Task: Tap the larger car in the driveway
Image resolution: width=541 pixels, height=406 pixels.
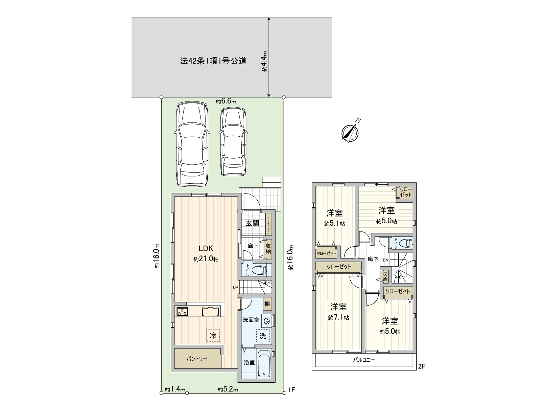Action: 192,144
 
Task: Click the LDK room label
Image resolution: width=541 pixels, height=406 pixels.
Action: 206,248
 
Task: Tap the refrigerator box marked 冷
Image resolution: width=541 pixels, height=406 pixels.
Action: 213,336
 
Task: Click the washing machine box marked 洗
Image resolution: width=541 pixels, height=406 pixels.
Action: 263,336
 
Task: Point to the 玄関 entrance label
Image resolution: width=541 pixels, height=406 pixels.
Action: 252,223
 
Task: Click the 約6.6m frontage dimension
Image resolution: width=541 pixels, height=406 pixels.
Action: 226,101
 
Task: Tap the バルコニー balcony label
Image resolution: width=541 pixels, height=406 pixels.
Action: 364,360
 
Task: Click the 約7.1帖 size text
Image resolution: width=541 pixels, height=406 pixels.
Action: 338,318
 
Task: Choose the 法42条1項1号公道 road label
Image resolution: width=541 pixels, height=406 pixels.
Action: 213,61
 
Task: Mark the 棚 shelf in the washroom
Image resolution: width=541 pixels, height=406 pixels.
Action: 267,304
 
